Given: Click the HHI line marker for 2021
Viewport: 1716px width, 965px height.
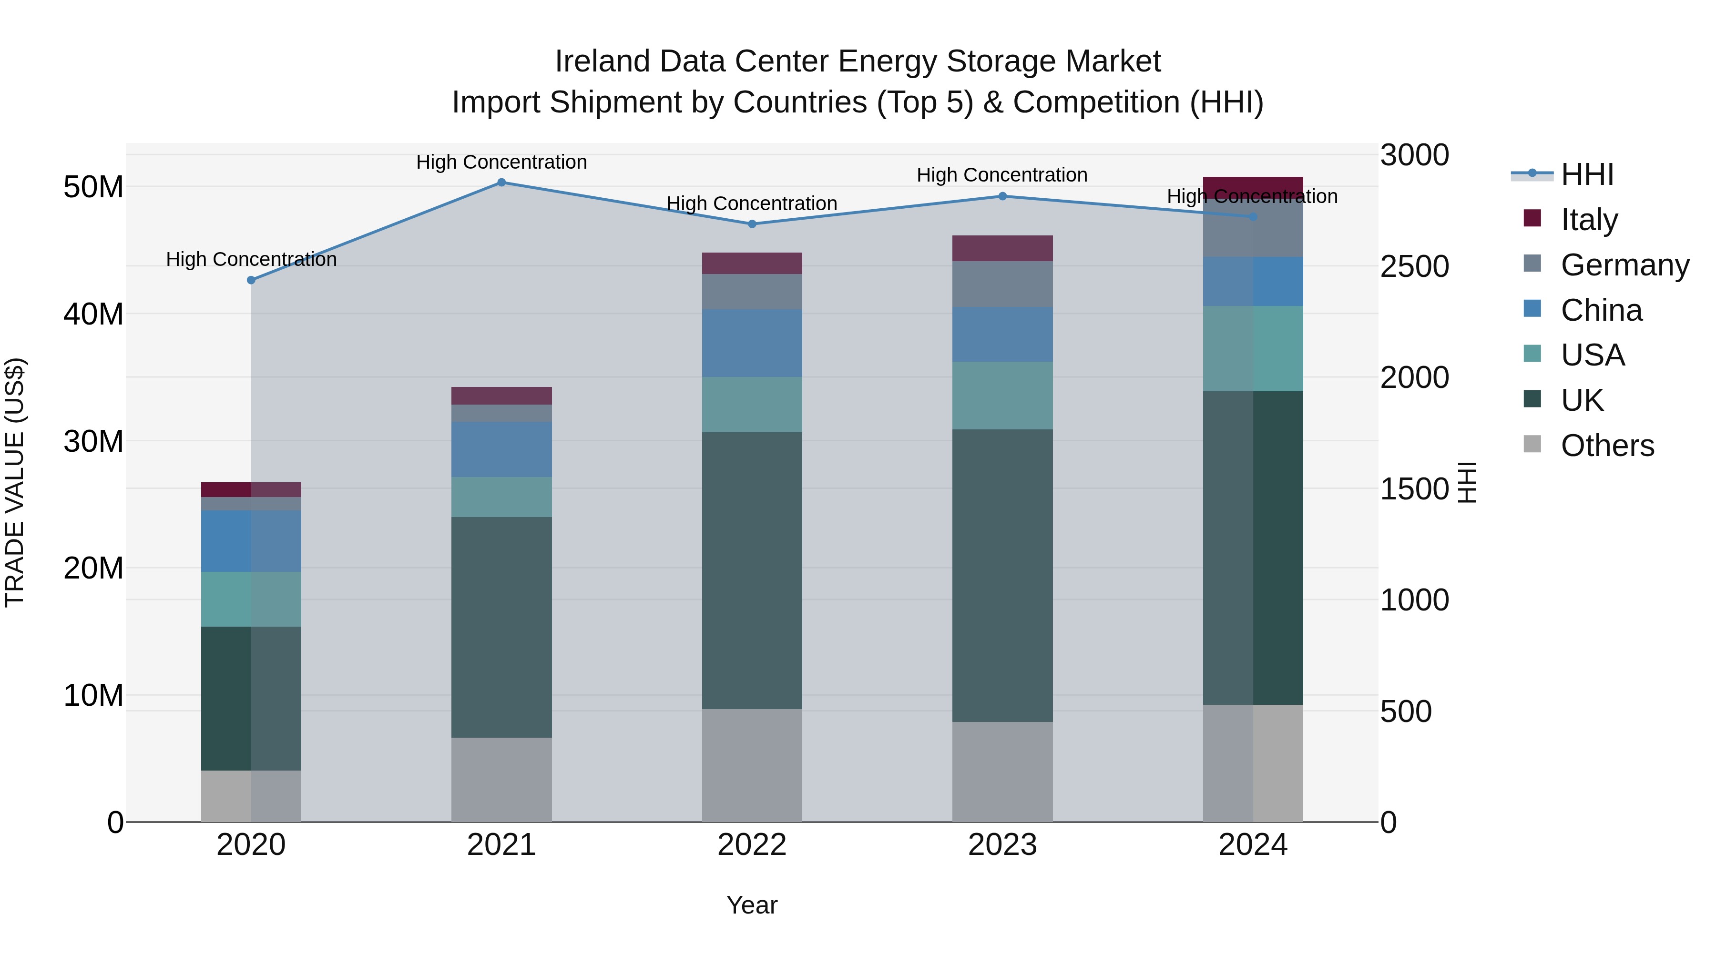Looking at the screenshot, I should click(501, 183).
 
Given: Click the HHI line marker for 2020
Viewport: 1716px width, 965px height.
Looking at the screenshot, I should click(251, 280).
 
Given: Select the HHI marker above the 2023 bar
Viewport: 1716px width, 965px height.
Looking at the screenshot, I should click(1002, 196).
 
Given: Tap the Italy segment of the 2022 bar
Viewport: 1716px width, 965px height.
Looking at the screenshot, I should click(752, 264).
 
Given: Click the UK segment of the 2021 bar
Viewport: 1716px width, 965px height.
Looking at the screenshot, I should click(501, 627).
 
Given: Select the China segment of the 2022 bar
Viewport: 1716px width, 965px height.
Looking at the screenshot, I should click(752, 343).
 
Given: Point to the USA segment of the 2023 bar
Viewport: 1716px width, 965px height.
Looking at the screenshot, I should click(1002, 396).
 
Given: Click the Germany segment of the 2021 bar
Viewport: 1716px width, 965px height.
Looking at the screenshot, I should click(501, 413).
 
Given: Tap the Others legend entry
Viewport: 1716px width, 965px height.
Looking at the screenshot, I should click(1607, 446).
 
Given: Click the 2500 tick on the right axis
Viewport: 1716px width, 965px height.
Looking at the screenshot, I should click(1414, 266).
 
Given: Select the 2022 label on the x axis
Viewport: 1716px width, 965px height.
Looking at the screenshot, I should click(752, 845).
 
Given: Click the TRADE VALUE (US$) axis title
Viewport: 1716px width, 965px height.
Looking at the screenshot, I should click(15, 482).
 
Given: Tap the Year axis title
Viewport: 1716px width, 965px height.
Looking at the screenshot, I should click(752, 905).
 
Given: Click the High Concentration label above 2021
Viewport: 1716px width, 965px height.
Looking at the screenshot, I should click(501, 162).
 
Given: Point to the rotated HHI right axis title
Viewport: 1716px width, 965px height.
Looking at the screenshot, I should click(1467, 482).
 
